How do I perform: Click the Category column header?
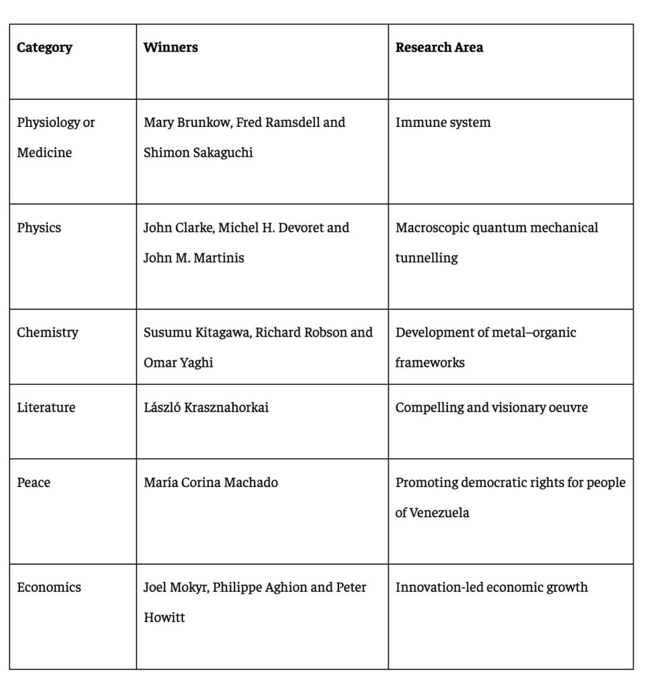click(44, 48)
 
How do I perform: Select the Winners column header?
click(171, 48)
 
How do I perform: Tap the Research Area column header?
click(439, 48)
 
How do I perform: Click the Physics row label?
click(39, 228)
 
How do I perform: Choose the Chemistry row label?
click(48, 333)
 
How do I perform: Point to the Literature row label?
click(46, 408)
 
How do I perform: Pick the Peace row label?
click(34, 482)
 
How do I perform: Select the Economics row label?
click(49, 587)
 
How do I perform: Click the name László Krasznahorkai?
click(206, 408)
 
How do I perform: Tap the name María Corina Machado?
click(211, 482)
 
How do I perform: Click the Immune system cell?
click(443, 123)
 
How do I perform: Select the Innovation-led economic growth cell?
click(491, 587)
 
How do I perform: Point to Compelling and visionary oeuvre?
click(491, 408)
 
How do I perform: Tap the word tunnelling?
click(427, 258)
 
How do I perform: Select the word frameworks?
click(430, 363)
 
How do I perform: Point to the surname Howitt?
click(164, 617)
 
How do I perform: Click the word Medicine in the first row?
click(44, 153)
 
